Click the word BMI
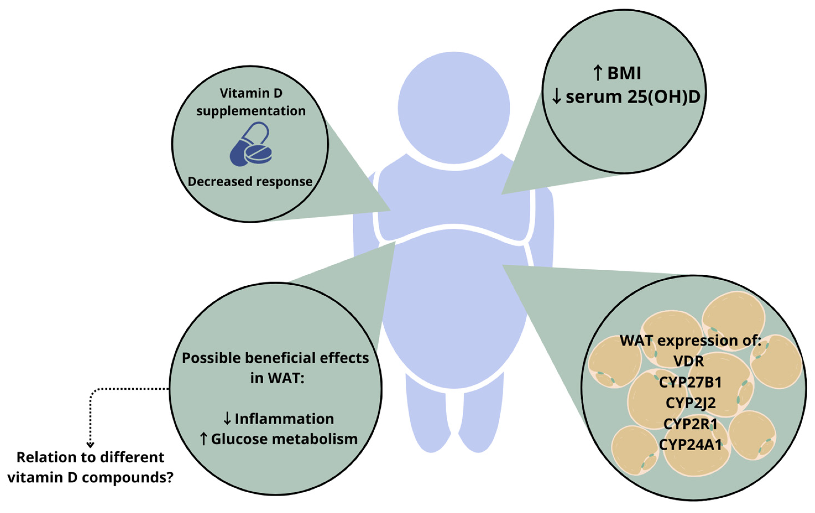click(x=624, y=74)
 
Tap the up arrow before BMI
click(x=598, y=74)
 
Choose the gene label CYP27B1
click(x=690, y=382)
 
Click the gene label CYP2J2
click(x=690, y=403)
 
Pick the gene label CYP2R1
click(x=690, y=424)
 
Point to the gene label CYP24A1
click(x=690, y=445)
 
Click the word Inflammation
click(x=284, y=419)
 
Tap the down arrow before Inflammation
click(x=227, y=419)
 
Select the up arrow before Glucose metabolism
click(x=203, y=439)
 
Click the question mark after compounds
click(x=169, y=478)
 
